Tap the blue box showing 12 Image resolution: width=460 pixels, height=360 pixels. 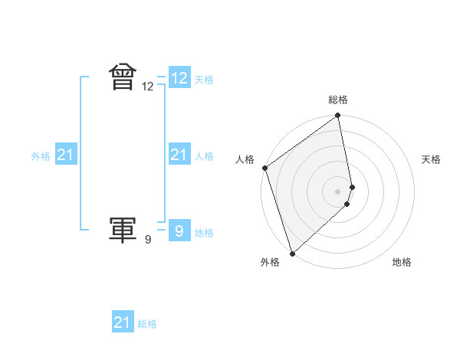(179, 78)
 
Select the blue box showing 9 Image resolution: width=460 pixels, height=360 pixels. (179, 231)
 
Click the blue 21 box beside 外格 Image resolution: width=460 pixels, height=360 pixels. (65, 155)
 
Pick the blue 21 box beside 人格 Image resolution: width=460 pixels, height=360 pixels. (179, 155)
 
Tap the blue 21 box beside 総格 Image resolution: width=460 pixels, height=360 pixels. (122, 322)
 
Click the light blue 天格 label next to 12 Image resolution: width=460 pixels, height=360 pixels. (204, 80)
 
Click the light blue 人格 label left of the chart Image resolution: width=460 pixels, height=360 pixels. (204, 156)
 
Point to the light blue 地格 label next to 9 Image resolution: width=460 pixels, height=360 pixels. (204, 233)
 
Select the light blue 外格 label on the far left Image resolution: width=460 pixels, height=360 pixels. (41, 156)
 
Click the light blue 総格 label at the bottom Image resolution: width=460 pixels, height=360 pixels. (147, 324)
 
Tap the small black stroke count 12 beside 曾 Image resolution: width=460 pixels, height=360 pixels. (148, 87)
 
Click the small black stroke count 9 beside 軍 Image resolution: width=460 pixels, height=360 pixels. (148, 240)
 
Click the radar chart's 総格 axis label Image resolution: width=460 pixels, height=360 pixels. (338, 100)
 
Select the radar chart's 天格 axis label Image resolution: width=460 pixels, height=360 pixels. (432, 159)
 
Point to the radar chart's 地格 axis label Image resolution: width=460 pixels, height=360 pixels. (402, 262)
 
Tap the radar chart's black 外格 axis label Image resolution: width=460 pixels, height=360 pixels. (270, 262)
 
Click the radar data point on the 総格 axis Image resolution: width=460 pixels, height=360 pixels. (338, 116)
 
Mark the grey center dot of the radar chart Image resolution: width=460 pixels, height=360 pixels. (338, 191)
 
